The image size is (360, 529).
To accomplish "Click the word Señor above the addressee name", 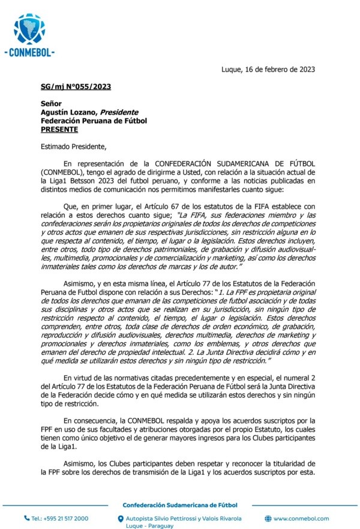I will point(51,103).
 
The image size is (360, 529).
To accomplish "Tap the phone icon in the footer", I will point(26,518).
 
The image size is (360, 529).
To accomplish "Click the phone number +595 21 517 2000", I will point(60,518).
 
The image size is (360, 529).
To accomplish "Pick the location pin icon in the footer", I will point(121,519).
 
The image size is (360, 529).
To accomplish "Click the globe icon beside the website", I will point(268,518).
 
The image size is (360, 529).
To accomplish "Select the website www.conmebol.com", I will point(301,518).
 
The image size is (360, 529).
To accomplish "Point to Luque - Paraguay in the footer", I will point(149,525).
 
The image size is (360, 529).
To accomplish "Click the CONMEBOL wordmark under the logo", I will point(29,53).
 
